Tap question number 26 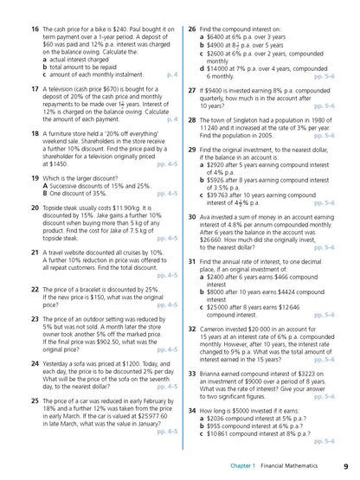click(x=191, y=29)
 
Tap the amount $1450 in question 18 click(x=56, y=163)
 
